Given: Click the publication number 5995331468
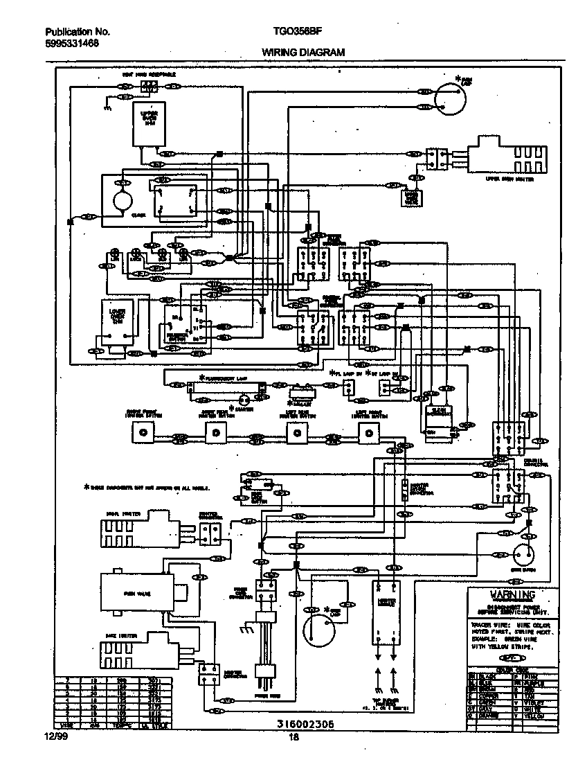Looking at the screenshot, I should (x=71, y=43).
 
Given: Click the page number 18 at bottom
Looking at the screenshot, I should (x=294, y=737).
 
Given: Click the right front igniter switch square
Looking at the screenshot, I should (x=142, y=434).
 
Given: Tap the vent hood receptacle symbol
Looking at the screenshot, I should (x=148, y=87).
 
